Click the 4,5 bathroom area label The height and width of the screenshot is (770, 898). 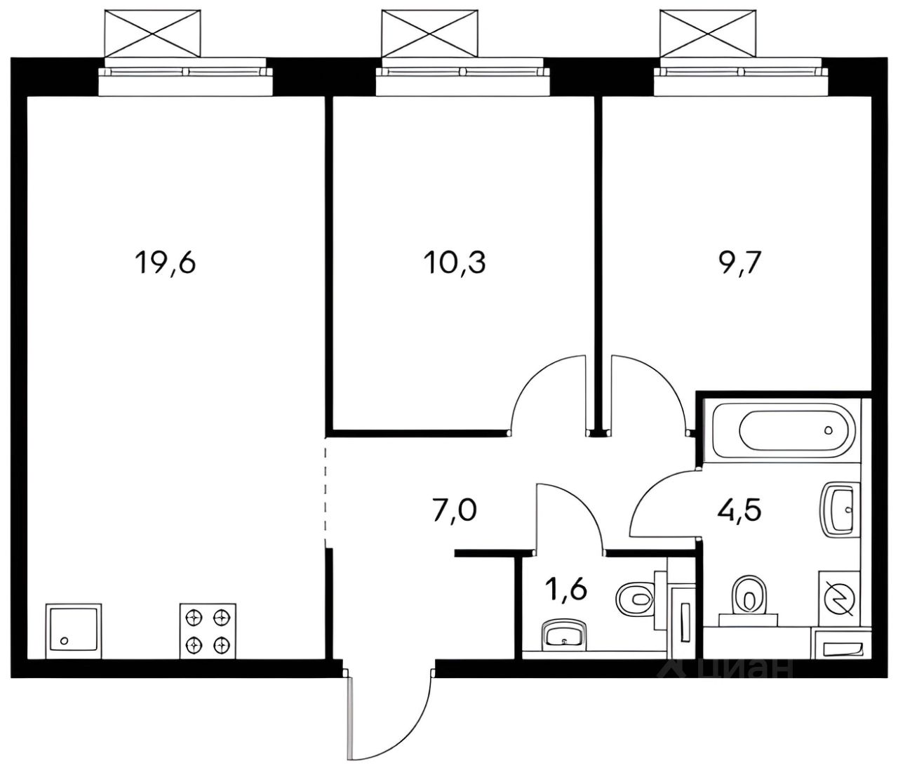pyautogui.click(x=739, y=510)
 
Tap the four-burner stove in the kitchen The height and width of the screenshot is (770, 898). pyautogui.click(x=208, y=631)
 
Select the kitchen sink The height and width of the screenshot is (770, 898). pyautogui.click(x=74, y=631)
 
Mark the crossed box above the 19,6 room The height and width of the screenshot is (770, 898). pyautogui.click(x=153, y=33)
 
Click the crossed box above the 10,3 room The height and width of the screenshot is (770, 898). pyautogui.click(x=430, y=33)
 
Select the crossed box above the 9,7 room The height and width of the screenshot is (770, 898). pyautogui.click(x=708, y=33)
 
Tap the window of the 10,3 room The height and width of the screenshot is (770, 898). pyautogui.click(x=463, y=81)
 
